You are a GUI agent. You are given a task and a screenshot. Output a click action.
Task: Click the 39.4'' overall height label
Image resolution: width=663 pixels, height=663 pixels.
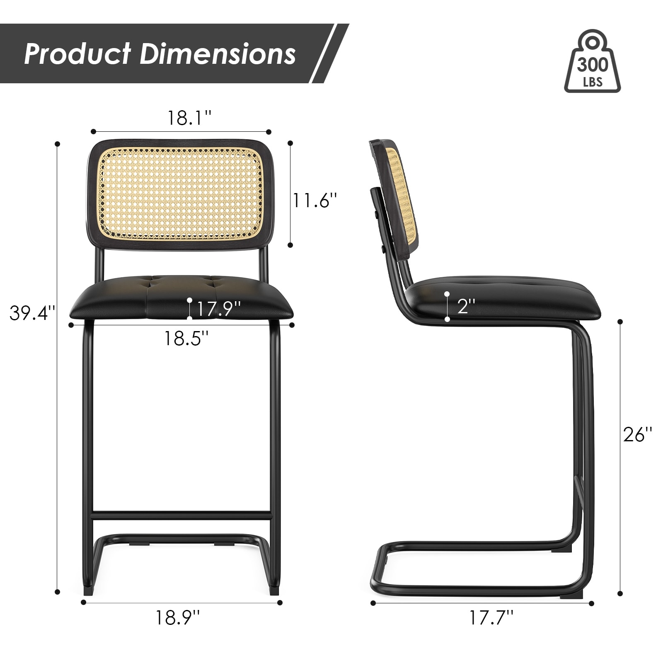pos(32,313)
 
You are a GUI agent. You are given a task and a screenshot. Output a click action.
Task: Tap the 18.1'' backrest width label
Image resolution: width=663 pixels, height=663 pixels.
pos(189,118)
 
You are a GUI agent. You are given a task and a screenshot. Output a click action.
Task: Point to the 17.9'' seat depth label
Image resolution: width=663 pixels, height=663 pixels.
pos(218,309)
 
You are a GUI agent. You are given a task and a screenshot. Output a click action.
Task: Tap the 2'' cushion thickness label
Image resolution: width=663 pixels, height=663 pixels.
pos(466,306)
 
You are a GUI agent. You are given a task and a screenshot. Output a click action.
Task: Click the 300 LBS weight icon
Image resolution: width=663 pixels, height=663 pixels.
pos(593,61)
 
